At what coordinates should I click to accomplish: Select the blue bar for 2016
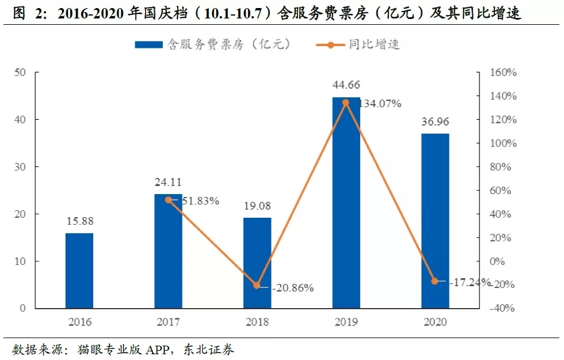(x=79, y=271)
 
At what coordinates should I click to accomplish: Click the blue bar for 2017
(x=168, y=251)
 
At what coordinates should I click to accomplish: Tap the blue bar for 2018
(x=257, y=263)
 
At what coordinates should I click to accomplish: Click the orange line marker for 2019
(x=346, y=103)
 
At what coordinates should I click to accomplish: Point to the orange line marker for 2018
(x=257, y=285)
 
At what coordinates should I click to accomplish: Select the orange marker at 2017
(x=168, y=200)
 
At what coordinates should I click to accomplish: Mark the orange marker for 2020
(x=435, y=281)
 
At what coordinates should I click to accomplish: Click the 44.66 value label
(x=346, y=85)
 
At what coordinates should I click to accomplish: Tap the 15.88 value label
(x=79, y=221)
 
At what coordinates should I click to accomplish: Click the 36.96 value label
(x=435, y=122)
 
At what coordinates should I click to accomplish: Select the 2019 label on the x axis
(x=346, y=322)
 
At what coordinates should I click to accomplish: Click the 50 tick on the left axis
(x=21, y=73)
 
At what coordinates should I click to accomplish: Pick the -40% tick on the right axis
(x=502, y=308)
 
